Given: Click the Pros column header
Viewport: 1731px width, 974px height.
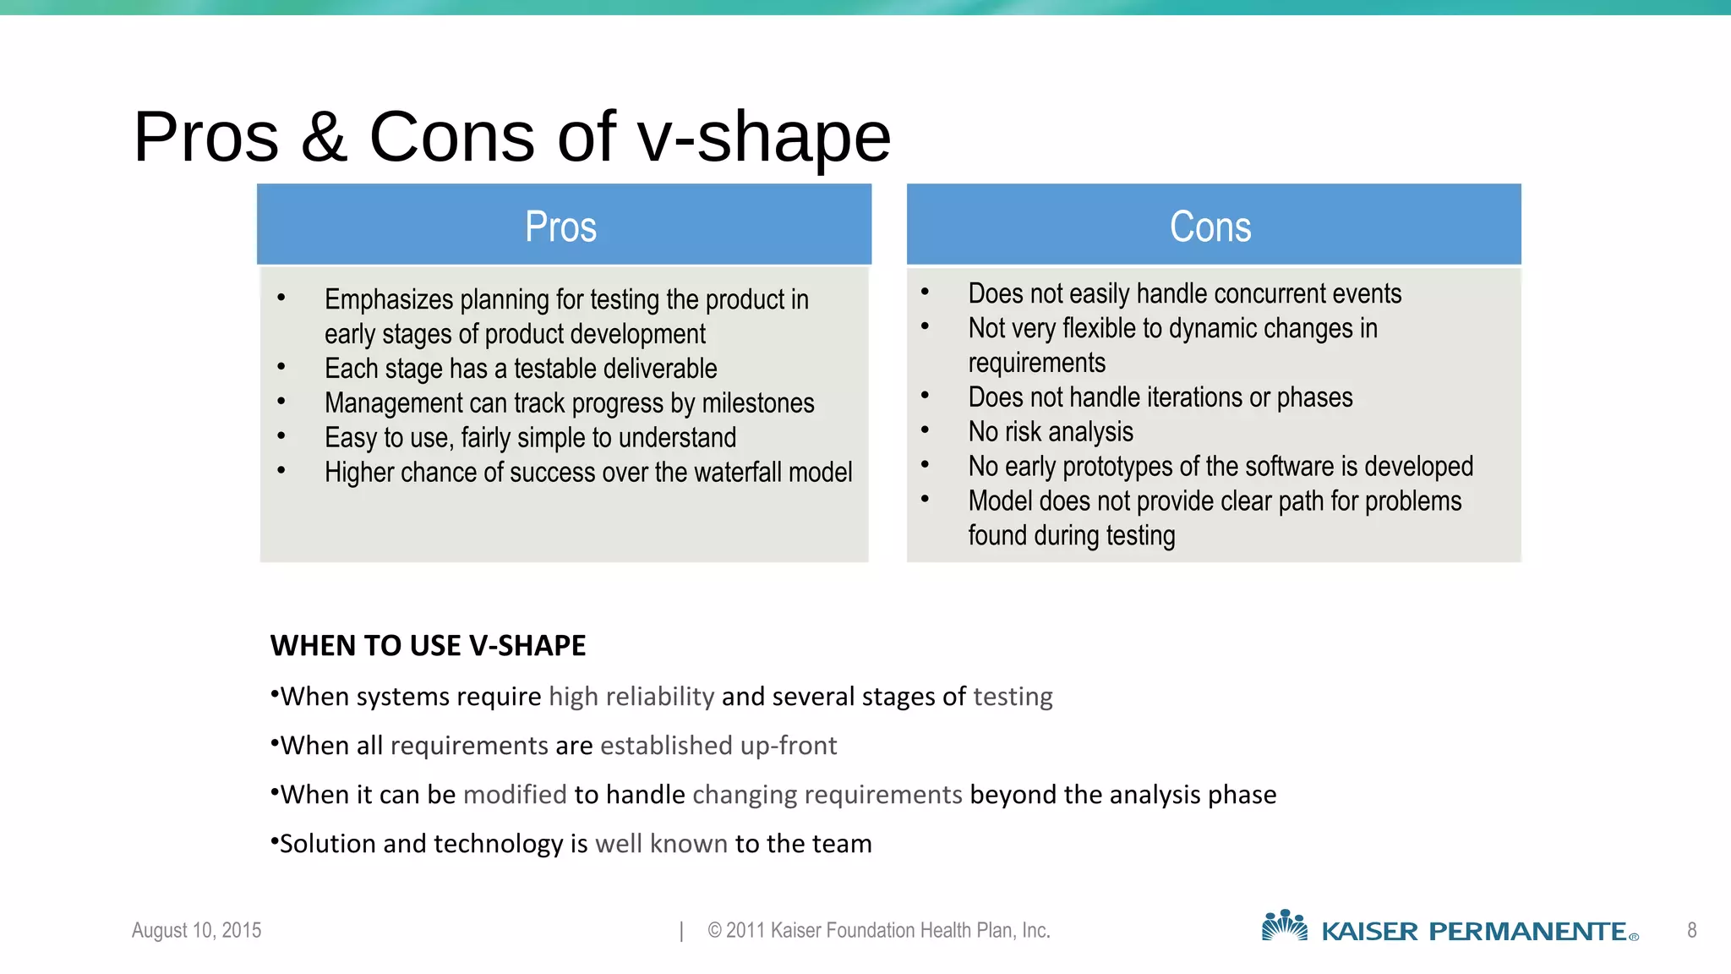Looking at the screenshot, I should point(561,226).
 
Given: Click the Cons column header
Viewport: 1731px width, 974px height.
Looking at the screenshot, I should point(1210,226).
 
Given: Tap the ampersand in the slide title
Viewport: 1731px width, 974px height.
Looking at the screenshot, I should point(324,137).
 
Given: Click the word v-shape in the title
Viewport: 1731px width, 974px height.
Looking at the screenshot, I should point(764,137).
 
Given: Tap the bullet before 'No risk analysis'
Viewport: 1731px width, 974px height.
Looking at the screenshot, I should point(926,430).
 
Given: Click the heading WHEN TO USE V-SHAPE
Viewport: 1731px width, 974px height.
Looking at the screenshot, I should point(428,646).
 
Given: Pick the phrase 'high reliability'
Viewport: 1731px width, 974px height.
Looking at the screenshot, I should point(631,697).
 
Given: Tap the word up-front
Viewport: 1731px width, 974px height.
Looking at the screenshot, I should point(788,746).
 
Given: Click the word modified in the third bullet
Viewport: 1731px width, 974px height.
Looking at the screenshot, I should point(515,795).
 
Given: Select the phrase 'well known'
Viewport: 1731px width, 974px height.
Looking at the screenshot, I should point(661,844).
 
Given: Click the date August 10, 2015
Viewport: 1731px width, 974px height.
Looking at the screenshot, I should point(196,930).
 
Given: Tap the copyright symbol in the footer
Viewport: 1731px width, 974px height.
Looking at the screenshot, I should point(714,930).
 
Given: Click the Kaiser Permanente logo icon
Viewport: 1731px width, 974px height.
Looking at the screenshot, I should point(1284,926).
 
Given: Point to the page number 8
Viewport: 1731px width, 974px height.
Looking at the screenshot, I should point(1691,930).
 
